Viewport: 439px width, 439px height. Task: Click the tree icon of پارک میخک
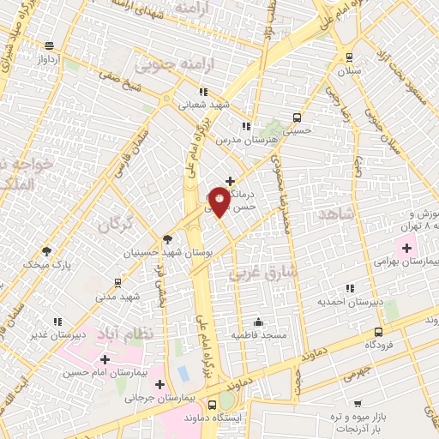[46, 252]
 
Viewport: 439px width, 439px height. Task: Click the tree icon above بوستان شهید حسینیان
[166, 239]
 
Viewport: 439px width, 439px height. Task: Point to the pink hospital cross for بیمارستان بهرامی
[408, 249]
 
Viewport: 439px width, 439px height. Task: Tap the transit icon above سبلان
[349, 57]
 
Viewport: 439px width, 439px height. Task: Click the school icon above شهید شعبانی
[202, 92]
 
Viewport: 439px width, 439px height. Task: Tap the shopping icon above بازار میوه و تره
[358, 404]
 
